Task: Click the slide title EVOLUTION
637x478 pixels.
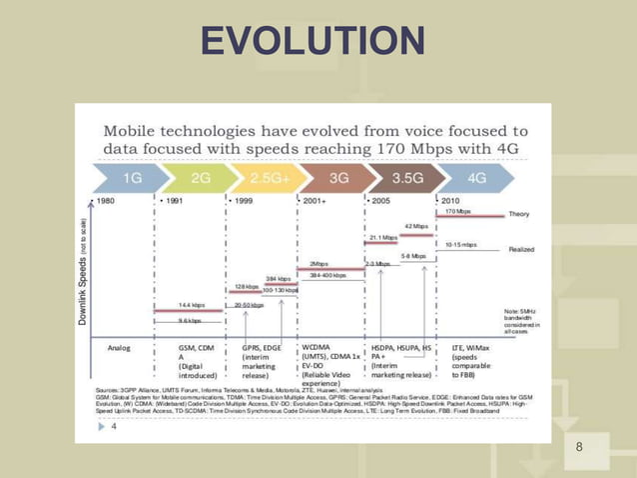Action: click(313, 42)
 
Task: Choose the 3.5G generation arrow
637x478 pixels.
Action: click(404, 177)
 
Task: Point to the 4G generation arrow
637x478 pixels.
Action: click(476, 177)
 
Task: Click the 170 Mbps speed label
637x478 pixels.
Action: click(458, 212)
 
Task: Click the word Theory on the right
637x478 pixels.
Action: click(520, 214)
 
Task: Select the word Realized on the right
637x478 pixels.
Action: click(521, 249)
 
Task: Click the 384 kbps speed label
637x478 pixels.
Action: click(278, 279)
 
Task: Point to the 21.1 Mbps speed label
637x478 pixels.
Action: click(384, 238)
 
